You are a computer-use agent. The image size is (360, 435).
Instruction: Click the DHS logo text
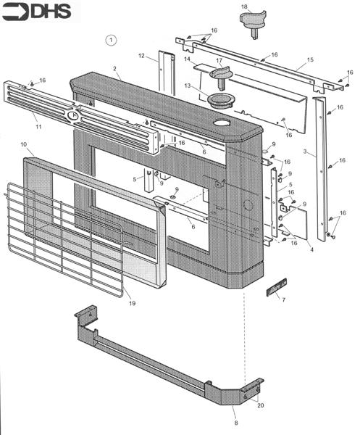[52, 12]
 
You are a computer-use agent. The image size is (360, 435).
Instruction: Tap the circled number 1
[111, 40]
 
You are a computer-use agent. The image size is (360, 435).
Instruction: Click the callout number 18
[244, 7]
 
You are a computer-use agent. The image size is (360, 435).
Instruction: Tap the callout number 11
[38, 126]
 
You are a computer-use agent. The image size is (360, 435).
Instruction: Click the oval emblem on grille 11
[73, 115]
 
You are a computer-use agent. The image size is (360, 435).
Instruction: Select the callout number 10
[24, 144]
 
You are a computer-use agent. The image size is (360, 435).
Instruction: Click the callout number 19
[133, 303]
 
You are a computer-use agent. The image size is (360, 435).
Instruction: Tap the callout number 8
[236, 423]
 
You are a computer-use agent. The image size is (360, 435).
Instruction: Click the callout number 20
[260, 405]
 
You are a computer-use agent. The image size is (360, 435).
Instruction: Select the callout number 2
[115, 69]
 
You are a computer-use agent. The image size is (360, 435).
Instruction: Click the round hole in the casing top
[222, 123]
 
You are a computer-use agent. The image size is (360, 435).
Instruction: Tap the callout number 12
[141, 56]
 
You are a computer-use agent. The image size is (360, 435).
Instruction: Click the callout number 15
[310, 59]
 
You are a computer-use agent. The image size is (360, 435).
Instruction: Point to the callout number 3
[305, 152]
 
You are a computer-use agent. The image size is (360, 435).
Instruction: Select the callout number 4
[311, 249]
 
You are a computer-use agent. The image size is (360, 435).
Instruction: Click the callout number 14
[188, 59]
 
